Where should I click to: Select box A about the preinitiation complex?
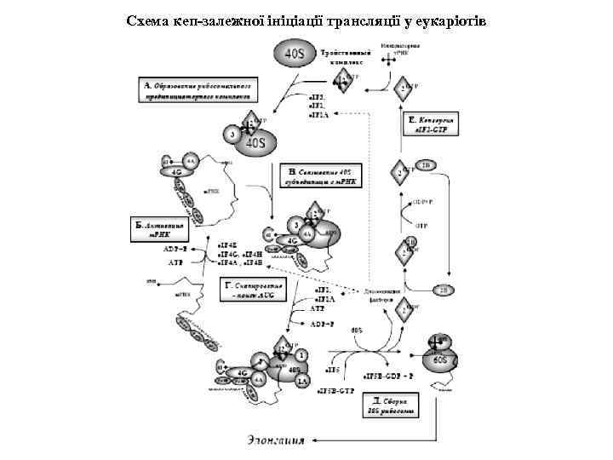(x=198, y=91)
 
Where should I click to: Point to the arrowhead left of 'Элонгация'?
(x=316, y=440)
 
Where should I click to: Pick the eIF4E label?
(x=229, y=244)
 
